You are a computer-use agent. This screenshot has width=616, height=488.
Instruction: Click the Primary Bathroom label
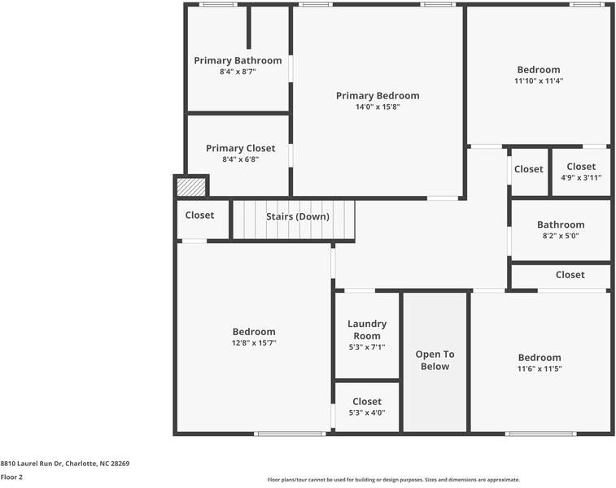click(x=238, y=61)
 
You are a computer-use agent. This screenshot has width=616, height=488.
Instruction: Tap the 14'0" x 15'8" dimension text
click(x=378, y=107)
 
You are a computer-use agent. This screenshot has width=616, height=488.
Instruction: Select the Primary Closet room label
click(x=240, y=149)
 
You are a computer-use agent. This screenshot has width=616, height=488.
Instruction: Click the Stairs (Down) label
click(x=298, y=216)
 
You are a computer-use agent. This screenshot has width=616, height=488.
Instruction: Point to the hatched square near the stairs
click(x=190, y=187)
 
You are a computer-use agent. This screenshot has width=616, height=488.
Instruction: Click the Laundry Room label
click(x=367, y=329)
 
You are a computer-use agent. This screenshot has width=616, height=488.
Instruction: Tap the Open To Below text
click(x=435, y=360)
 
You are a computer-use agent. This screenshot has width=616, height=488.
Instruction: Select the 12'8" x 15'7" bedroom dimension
click(x=254, y=343)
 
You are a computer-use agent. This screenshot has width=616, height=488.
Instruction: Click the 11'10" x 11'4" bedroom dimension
click(x=539, y=81)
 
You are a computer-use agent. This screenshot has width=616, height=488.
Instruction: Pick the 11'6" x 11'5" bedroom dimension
click(x=540, y=368)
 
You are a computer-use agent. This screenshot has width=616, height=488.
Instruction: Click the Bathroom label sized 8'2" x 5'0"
click(x=561, y=225)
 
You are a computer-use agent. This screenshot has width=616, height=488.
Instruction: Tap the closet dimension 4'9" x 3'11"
click(x=581, y=177)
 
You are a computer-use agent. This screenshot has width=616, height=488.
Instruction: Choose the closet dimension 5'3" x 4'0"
click(x=367, y=412)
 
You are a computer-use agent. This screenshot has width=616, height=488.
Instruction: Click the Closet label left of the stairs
click(x=199, y=216)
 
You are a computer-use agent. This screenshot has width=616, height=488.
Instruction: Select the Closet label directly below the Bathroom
click(x=570, y=275)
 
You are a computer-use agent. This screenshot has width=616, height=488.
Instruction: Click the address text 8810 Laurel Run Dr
click(x=64, y=464)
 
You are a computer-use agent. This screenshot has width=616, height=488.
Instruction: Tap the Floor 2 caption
click(x=11, y=477)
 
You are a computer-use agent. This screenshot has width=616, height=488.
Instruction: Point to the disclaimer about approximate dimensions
click(x=394, y=480)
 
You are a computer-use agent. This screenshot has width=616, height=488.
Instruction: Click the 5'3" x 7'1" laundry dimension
click(x=367, y=347)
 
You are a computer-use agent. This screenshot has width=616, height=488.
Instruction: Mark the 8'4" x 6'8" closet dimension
click(x=240, y=159)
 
